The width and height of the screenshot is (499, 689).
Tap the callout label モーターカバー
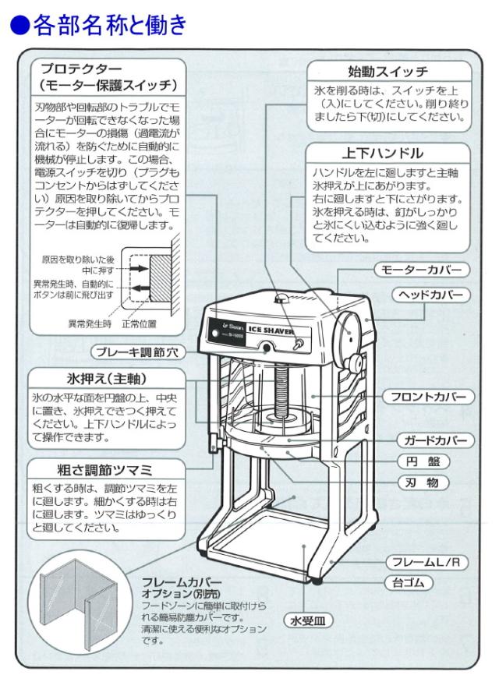422,270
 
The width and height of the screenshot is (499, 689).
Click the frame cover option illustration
81,605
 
